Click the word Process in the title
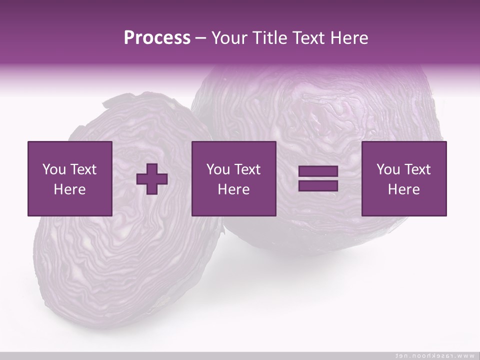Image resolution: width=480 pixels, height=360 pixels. pyautogui.click(x=157, y=38)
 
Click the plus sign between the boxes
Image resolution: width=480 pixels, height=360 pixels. pyautogui.click(x=152, y=179)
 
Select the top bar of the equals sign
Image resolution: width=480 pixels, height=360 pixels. pyautogui.click(x=318, y=171)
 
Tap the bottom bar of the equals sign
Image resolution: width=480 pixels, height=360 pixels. pyautogui.click(x=318, y=185)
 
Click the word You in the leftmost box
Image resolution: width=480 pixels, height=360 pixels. pyautogui.click(x=54, y=169)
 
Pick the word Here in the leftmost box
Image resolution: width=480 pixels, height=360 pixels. pyautogui.click(x=69, y=189)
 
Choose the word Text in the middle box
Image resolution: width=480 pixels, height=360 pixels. pyautogui.click(x=247, y=169)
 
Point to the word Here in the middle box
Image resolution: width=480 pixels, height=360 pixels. pyautogui.click(x=233, y=189)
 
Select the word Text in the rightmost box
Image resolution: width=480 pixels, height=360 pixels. pyautogui.click(x=417, y=169)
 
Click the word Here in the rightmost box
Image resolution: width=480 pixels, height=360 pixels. pyautogui.click(x=403, y=189)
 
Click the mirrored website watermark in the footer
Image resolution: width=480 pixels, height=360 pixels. pyautogui.click(x=434, y=355)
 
